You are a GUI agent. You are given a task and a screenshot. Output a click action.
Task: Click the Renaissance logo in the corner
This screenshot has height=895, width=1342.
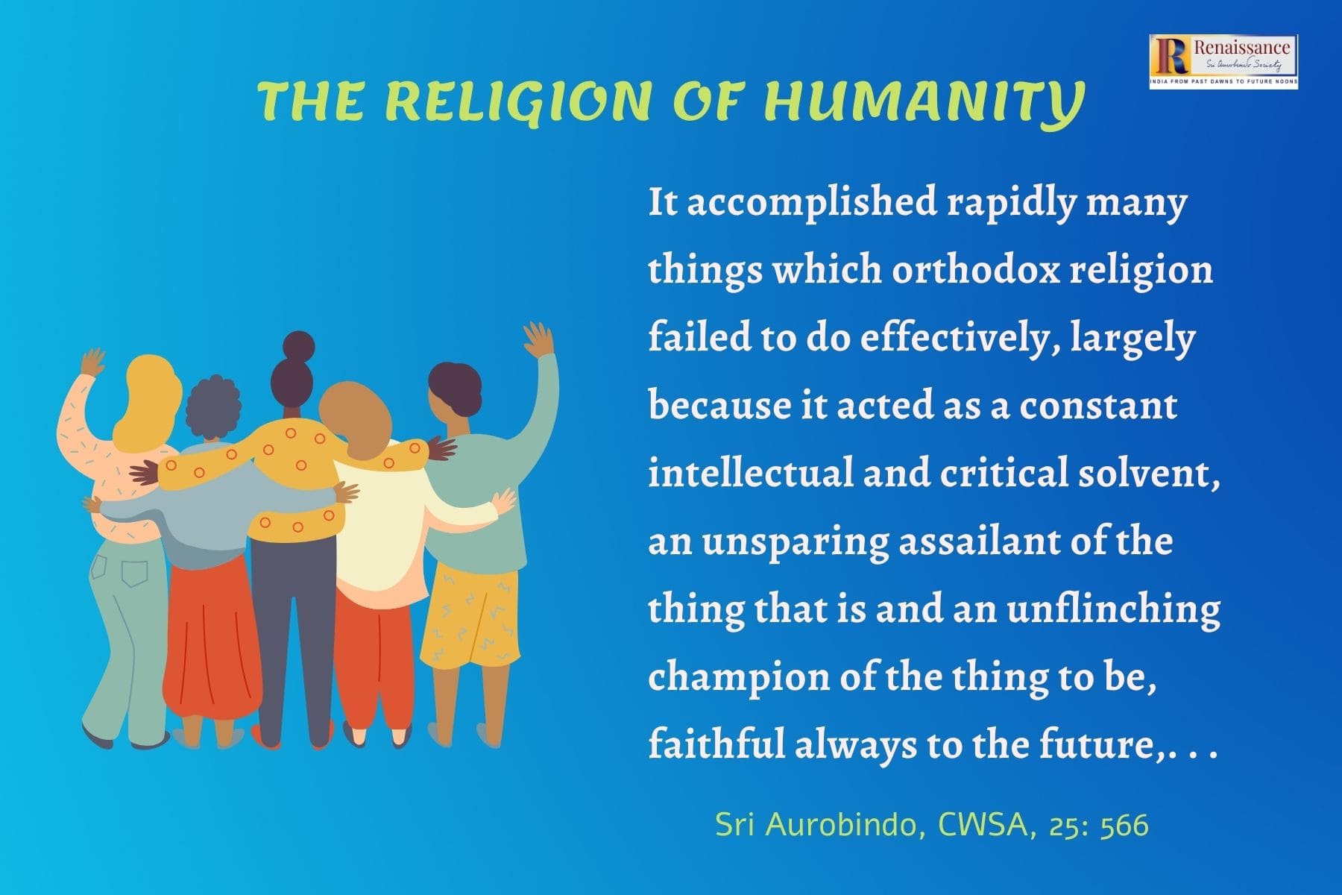click(x=1223, y=62)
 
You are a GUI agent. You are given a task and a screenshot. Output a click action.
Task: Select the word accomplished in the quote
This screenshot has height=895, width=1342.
click(x=811, y=203)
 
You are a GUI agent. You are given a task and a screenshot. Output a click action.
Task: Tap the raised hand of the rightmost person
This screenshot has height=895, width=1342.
click(x=538, y=340)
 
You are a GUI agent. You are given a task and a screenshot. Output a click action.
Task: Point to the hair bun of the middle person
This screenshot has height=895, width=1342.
click(x=299, y=346)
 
